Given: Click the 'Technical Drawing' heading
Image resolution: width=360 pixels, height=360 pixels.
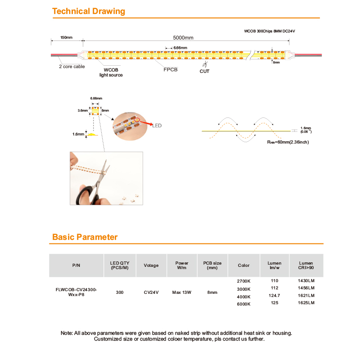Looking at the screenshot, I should coord(89,11).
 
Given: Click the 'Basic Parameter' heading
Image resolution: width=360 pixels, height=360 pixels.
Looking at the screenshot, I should coord(85,237).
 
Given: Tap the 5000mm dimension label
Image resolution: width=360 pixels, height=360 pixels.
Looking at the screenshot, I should coord(182,38).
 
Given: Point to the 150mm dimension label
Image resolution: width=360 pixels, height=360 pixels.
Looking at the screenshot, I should coord(66,38).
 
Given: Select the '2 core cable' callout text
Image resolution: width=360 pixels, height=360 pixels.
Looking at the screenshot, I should coord(72,67).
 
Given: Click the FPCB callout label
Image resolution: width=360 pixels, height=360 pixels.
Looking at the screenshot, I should coord(171,70).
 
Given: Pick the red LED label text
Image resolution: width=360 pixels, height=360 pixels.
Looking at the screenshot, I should coord(157,126).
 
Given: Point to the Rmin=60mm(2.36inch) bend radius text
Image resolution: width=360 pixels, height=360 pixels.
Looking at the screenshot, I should coord(288,142).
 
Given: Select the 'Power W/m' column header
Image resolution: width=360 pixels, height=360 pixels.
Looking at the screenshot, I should coord(182,265).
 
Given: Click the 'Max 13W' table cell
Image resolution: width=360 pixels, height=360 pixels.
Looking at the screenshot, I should coord(182,292).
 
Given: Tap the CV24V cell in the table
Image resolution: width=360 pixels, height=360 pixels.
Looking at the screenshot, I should coord(151,292).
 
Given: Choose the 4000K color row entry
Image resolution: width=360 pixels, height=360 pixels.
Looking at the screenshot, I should coord(243,297).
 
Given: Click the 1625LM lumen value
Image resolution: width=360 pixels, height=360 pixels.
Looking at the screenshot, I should coord(306,303).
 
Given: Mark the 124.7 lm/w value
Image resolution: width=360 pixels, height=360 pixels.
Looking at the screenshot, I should coord(274,296).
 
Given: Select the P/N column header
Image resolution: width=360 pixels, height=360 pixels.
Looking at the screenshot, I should coord(76,265).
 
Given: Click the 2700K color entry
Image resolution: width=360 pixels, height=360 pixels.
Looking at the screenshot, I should coord(243,281).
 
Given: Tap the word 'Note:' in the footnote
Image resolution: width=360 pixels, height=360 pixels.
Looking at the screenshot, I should coord(67,333).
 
